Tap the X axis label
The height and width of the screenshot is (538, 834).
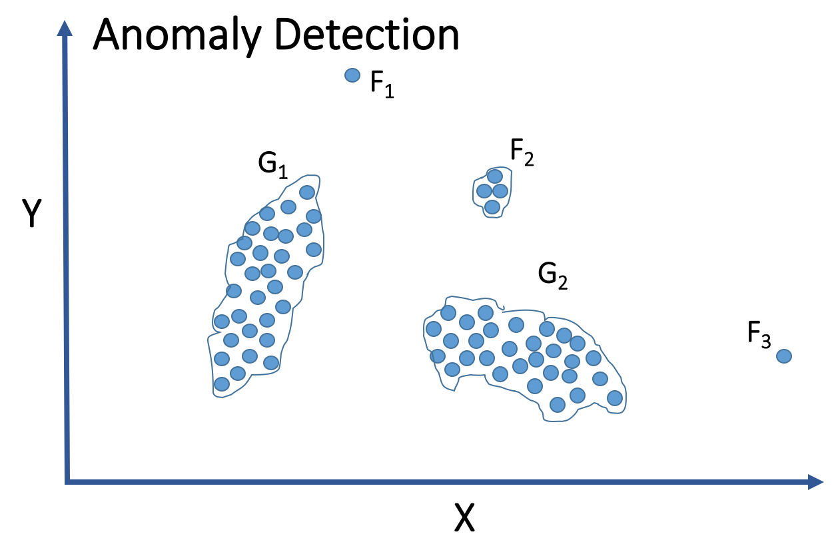464,517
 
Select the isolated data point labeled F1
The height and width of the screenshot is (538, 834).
352,75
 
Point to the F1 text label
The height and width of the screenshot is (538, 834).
382,86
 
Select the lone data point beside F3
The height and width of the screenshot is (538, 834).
784,356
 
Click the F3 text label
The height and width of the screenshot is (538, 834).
759,334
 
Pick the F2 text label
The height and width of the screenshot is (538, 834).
522,154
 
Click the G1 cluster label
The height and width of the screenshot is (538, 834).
272,165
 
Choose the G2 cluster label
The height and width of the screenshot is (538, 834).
553,276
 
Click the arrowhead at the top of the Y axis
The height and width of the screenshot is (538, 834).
65,28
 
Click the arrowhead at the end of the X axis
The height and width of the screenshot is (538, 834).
816,481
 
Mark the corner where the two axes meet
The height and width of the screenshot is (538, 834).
67,481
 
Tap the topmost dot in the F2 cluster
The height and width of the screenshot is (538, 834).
494,176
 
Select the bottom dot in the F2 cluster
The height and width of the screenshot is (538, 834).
492,207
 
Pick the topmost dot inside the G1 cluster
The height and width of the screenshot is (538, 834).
307,192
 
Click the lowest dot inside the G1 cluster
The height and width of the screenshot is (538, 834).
222,384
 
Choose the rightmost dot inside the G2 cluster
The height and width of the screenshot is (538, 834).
615,398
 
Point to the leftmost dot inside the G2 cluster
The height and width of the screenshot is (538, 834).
434,328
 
